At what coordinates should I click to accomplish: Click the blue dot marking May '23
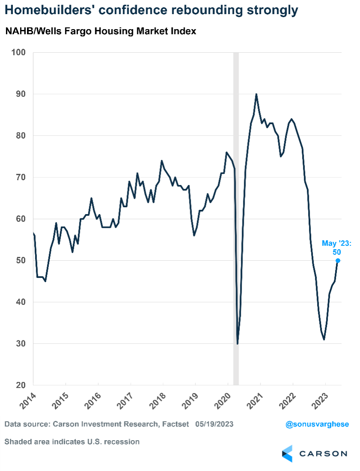(338, 260)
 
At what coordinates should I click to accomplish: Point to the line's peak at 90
(256, 94)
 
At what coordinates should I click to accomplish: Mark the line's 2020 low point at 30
(237, 343)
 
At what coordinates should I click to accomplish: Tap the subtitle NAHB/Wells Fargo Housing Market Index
(101, 31)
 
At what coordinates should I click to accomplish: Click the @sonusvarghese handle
(317, 424)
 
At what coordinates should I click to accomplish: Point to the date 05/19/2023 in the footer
(214, 424)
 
